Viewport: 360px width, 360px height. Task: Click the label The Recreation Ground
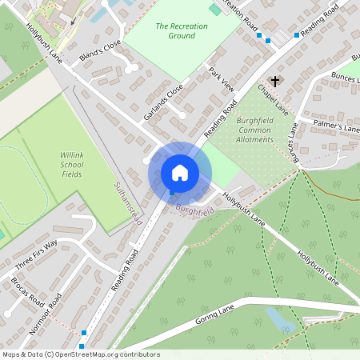click(182, 31)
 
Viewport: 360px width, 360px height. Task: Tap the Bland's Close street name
click(100, 51)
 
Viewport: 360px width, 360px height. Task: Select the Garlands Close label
click(163, 102)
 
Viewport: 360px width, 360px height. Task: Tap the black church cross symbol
click(276, 82)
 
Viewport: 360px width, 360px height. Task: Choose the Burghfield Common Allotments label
click(255, 130)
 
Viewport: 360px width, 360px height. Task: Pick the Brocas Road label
click(28, 293)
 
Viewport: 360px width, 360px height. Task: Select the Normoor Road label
click(55, 313)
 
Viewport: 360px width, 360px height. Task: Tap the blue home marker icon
click(180, 173)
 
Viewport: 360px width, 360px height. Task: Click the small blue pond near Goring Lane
click(280, 320)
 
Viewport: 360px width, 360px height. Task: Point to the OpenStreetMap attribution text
click(80, 354)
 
